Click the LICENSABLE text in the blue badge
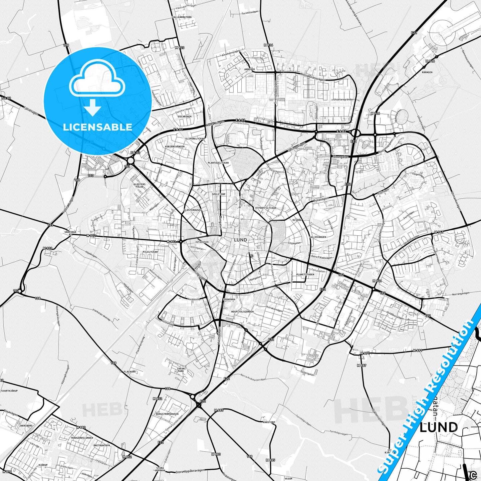97,127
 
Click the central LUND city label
240,240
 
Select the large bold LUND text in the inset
439,427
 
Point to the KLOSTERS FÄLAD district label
139,185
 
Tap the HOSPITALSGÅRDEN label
242,312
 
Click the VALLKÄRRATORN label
182,17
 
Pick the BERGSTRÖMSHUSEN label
167,414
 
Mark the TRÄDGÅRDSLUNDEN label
82,438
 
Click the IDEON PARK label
181,370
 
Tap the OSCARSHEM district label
185,117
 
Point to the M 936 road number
268,45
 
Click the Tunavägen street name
321,199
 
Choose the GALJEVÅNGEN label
318,237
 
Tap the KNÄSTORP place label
269,422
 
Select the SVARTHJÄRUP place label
9,391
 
